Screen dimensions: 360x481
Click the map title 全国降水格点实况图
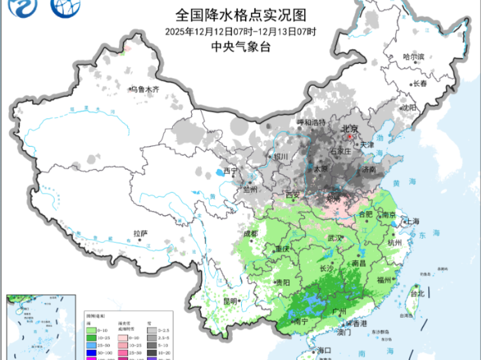click(x=240, y=14)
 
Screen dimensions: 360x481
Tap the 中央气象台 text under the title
click(x=240, y=48)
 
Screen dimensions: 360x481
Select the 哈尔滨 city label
click(x=414, y=57)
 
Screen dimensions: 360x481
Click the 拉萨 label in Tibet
click(x=141, y=234)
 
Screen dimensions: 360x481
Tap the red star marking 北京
click(x=349, y=137)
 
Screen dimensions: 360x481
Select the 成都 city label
click(x=251, y=234)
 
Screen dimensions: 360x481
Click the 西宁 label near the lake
click(x=231, y=171)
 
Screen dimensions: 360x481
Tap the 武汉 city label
click(x=335, y=238)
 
